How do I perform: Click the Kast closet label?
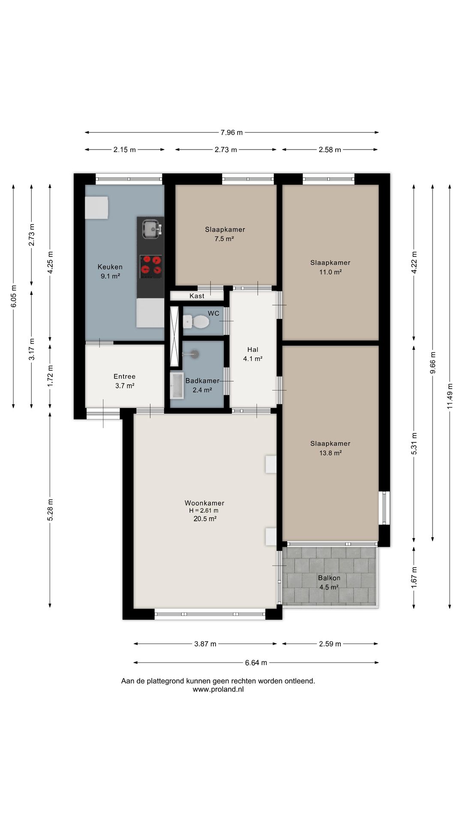[x=197, y=296]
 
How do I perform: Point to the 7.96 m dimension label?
[x=231, y=132]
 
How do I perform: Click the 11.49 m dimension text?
[x=450, y=396]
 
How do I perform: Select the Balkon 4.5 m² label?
[x=329, y=583]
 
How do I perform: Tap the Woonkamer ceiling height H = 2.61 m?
[x=204, y=511]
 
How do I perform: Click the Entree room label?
[x=124, y=376]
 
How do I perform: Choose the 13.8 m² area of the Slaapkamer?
[x=330, y=453]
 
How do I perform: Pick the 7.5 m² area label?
[x=224, y=239]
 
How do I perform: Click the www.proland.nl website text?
[x=218, y=690]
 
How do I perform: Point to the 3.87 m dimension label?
[x=205, y=644]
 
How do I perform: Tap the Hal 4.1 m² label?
[x=253, y=354]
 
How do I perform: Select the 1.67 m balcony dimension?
[x=414, y=577]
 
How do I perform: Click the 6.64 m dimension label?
[x=256, y=663]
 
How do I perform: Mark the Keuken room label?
[x=110, y=267]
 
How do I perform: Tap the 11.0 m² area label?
[x=330, y=272]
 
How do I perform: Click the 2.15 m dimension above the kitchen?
[x=124, y=150]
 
